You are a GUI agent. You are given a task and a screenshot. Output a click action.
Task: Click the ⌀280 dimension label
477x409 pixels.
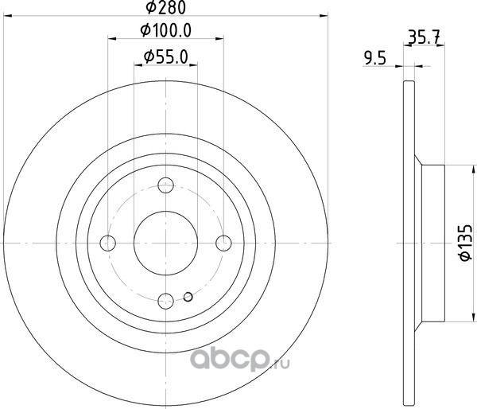[x=166, y=8]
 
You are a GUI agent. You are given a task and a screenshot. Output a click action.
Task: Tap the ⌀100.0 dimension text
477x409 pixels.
[x=166, y=31]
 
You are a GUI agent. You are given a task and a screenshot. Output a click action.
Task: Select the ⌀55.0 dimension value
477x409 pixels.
[x=166, y=57]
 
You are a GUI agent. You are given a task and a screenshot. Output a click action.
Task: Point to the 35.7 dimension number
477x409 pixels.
[x=424, y=37]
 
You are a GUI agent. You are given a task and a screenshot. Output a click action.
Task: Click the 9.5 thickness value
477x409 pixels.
[x=375, y=58]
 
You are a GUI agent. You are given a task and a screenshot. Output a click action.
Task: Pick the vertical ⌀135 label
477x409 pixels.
[x=465, y=243]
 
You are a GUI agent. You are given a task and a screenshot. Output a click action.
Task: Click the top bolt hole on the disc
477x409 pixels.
[x=166, y=185]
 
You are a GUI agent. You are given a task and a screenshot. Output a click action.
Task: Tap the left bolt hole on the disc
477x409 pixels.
[x=108, y=243]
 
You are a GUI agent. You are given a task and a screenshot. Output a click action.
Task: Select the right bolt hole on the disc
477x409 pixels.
[x=223, y=243]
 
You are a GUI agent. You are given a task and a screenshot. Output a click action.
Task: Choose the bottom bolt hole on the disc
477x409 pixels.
[x=166, y=301]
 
